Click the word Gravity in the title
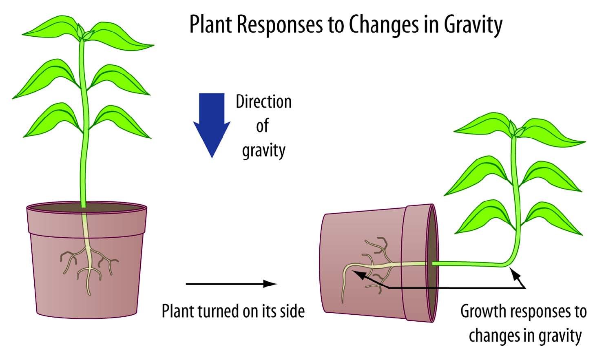pos(473,25)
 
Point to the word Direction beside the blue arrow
pos(263,102)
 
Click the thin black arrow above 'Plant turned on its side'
pos(231,284)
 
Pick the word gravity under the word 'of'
pos(263,151)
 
